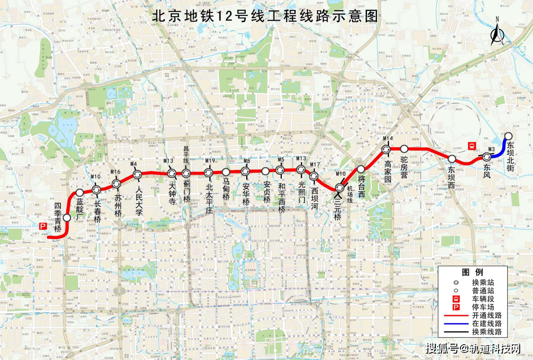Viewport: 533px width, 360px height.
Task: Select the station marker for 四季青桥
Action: tap(67, 217)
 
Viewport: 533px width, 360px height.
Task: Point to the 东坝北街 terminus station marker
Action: tap(508, 136)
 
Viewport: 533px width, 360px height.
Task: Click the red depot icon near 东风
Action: tap(472, 146)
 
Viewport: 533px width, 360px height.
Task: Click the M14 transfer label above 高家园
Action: tap(388, 139)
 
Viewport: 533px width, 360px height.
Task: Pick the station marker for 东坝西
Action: tap(452, 159)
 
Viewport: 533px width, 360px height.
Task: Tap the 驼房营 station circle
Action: tap(404, 149)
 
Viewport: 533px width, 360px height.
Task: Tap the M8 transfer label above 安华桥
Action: tap(246, 161)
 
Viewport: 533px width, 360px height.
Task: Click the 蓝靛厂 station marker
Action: tap(79, 193)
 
